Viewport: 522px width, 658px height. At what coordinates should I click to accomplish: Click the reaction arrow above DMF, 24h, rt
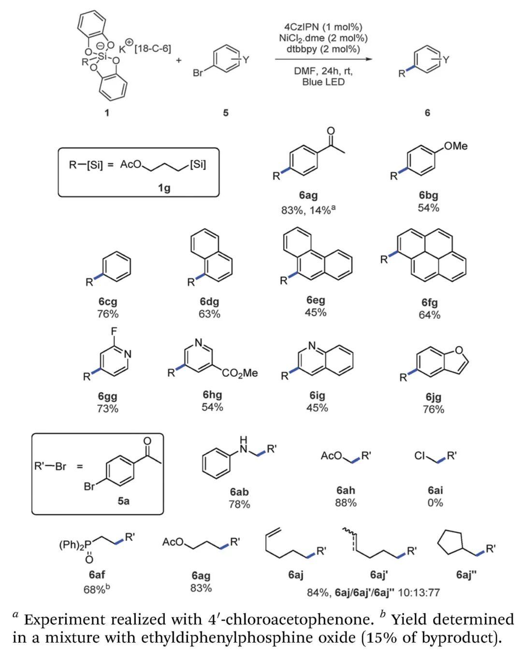[324, 59]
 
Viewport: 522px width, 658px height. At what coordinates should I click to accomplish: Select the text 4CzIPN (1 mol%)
[323, 27]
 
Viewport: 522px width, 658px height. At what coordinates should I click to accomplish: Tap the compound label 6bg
[428, 195]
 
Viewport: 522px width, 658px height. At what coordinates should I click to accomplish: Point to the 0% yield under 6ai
[435, 502]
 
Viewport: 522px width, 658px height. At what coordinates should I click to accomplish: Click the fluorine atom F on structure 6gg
[114, 331]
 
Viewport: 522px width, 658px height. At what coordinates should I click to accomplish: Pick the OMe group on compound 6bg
[456, 146]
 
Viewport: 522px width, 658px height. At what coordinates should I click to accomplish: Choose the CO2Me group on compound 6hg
[240, 373]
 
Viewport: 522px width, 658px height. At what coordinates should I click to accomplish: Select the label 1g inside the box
[164, 187]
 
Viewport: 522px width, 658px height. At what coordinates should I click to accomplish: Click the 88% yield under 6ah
[346, 502]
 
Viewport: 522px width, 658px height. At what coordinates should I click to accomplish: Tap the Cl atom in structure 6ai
[420, 456]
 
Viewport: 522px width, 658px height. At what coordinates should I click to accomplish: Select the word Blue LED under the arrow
[323, 82]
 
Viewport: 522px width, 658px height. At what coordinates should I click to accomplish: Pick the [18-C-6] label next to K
[153, 49]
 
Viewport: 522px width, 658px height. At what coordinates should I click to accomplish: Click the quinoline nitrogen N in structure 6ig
[311, 346]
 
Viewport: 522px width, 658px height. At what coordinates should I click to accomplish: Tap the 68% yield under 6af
[97, 589]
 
